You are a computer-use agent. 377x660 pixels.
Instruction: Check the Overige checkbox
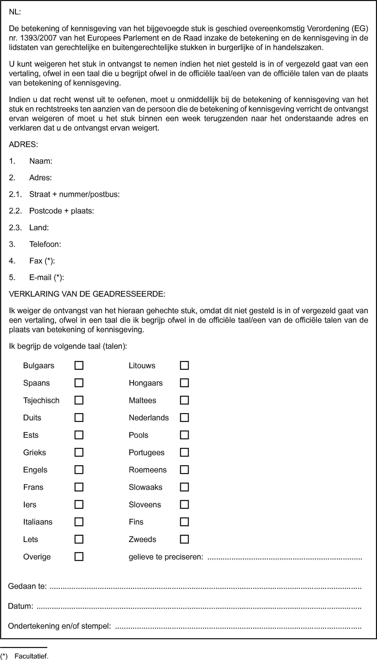click(79, 557)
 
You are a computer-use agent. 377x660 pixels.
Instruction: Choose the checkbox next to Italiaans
click(79, 522)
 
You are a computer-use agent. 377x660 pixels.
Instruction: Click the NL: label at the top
click(15, 12)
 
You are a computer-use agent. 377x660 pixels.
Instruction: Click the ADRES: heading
click(23, 144)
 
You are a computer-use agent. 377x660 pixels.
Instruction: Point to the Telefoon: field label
click(45, 244)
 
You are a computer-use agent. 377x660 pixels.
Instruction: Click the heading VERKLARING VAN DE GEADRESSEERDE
click(87, 294)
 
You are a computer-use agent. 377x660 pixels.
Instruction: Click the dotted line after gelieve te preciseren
click(285, 557)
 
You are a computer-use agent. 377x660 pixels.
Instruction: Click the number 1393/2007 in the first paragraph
click(38, 38)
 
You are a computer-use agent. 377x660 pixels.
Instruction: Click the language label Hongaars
click(146, 383)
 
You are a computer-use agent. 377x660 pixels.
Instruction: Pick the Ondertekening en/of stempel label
click(60, 626)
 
